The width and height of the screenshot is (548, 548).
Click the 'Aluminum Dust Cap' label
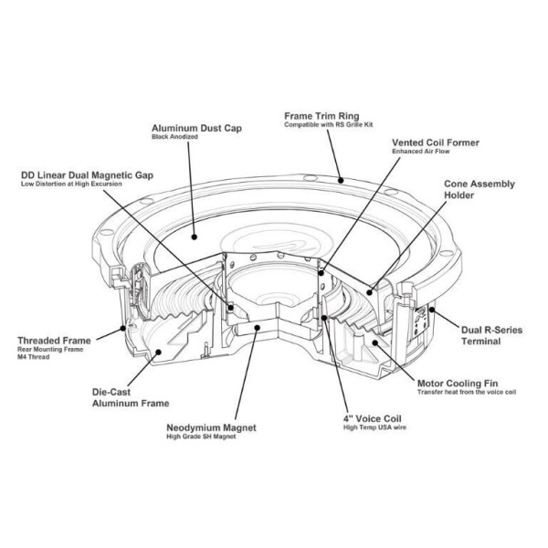tap(196, 128)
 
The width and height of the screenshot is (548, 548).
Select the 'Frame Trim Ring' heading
tap(321, 116)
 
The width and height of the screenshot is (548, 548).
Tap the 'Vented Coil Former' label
tap(436, 142)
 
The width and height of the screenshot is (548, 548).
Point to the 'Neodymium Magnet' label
tap(211, 427)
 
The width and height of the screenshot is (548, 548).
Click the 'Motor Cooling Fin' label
tap(458, 384)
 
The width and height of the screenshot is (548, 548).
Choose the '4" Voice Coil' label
tap(373, 418)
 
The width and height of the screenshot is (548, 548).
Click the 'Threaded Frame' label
tap(54, 341)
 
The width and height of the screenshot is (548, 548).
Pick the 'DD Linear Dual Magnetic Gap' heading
tap(87, 175)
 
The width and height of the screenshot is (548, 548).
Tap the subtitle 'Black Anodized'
tap(174, 137)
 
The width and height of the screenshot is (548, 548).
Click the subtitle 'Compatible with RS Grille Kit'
tap(329, 124)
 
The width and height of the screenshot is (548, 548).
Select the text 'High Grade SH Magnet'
tap(201, 437)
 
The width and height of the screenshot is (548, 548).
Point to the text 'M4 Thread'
tap(33, 357)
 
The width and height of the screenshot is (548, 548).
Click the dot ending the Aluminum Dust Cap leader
tap(195, 237)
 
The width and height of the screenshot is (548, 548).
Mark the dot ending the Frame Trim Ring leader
tap(341, 180)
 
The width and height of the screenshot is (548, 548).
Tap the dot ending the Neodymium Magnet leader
tap(258, 328)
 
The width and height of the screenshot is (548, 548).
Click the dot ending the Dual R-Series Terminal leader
tap(432, 310)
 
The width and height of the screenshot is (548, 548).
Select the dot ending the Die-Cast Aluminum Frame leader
tap(158, 352)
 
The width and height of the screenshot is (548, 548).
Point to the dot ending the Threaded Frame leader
tap(122, 328)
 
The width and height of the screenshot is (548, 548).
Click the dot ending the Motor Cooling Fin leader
tap(375, 342)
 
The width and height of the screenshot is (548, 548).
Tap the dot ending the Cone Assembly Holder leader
tap(370, 292)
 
